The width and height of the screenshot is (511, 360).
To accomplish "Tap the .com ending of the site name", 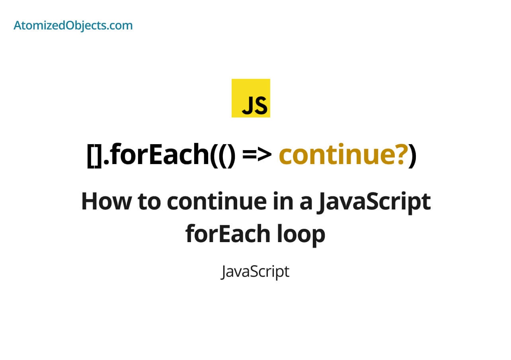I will (119, 25).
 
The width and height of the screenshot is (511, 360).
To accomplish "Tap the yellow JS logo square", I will (251, 98).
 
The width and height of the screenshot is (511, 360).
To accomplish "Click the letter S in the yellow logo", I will (260, 105).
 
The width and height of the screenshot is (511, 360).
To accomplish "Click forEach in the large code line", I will (159, 155).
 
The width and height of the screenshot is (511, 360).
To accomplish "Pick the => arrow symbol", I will (257, 156).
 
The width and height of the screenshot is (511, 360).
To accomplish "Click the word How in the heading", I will (106, 202).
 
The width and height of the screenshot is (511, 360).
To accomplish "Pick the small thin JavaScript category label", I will (255, 272).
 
